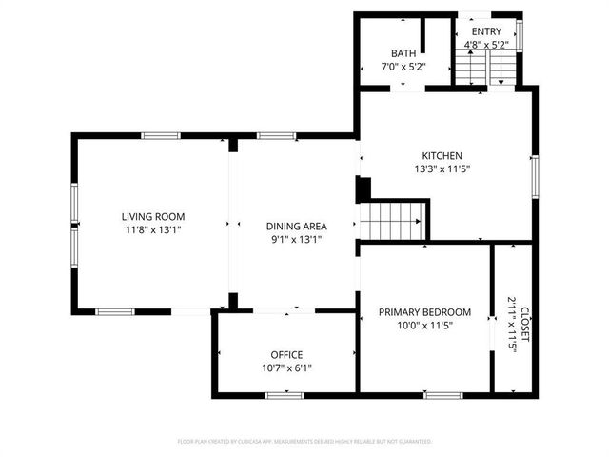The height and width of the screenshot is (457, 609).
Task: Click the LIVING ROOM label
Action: pos(152,216)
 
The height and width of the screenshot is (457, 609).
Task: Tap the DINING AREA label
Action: pos(296,226)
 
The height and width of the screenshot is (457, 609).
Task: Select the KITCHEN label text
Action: pos(442,155)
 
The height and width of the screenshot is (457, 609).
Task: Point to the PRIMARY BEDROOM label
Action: pos(424,311)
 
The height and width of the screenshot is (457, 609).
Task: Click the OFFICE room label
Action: pos(286,354)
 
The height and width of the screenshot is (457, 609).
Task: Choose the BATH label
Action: pos(403,53)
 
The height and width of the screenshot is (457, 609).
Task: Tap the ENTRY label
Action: pos(486,32)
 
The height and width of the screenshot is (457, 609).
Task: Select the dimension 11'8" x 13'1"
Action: pos(152,229)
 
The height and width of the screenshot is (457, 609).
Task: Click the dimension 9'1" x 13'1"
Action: pos(296,239)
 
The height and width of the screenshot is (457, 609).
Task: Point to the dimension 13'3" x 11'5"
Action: pos(442,169)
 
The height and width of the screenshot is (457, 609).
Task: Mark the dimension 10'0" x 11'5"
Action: pos(424,325)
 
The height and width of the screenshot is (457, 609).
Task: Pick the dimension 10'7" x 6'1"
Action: pos(286,368)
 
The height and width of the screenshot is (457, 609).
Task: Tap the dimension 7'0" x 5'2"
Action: pos(403,67)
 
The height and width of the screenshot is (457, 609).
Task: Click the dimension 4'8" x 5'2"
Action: pos(486,44)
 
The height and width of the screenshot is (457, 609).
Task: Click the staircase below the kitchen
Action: pos(392,220)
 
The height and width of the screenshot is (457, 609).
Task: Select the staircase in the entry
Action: pos(485,67)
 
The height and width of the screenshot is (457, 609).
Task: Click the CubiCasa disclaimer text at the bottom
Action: pos(304,442)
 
